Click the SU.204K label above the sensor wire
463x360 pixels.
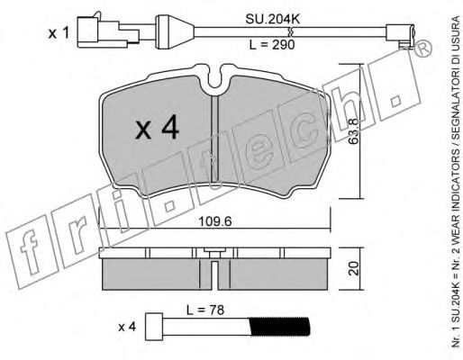coord(273,20)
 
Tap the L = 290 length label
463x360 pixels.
coord(272,45)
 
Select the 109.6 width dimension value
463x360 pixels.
coord(215,222)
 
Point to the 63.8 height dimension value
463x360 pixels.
coord(354,131)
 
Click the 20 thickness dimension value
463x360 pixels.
coord(354,268)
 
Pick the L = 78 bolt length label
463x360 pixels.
coord(205,310)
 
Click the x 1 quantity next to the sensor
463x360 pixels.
coord(59,33)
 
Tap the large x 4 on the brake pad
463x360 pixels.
coord(157,128)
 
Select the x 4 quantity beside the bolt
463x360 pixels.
coord(127,327)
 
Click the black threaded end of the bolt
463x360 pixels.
coord(279,327)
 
